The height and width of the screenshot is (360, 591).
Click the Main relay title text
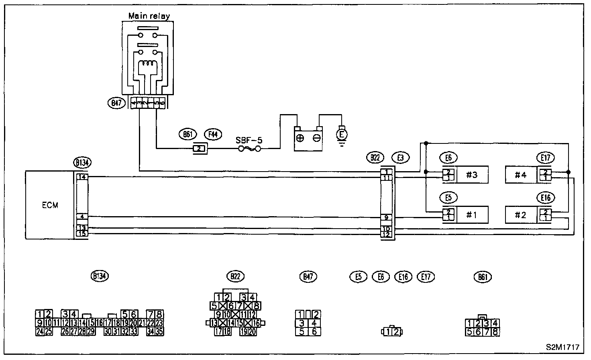149,16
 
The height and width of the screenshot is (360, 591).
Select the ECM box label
50,205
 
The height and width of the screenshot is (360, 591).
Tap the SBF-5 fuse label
249,141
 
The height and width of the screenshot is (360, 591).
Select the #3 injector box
472,175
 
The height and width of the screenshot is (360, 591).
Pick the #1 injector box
472,215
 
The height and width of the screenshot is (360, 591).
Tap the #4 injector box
521,175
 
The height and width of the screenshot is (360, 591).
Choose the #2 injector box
521,215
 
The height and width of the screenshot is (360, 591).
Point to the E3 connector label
400,158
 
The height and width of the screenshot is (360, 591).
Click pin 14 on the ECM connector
82,177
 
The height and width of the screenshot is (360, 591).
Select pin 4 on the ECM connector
82,217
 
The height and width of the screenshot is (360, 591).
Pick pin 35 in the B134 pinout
159,331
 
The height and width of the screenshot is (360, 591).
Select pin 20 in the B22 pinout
253,331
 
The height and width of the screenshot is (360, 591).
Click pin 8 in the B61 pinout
495,332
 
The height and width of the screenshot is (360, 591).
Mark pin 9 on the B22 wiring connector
386,218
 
